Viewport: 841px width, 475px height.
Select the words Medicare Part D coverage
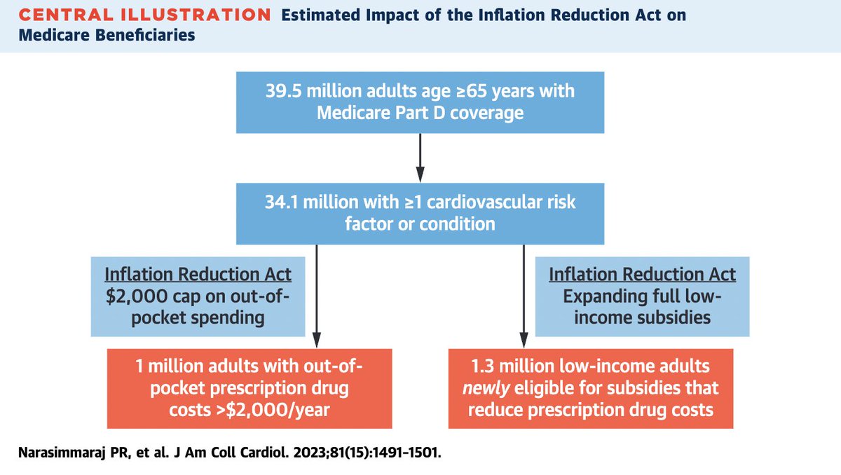pos(420,112)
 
